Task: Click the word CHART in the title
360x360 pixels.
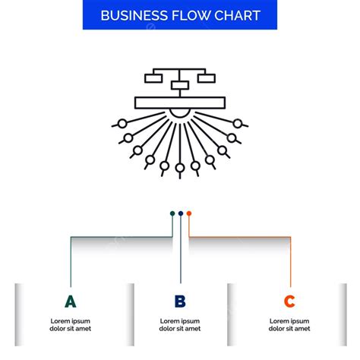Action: pyautogui.click(x=238, y=16)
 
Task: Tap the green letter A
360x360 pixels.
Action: pyautogui.click(x=70, y=302)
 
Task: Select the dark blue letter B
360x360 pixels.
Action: pyautogui.click(x=180, y=302)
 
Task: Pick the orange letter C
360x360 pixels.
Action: pyautogui.click(x=289, y=302)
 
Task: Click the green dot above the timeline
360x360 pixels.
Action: pyautogui.click(x=172, y=213)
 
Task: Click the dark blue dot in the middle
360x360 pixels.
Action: pyautogui.click(x=181, y=213)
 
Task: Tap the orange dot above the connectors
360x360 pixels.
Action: pyautogui.click(x=189, y=213)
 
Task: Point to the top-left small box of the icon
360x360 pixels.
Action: pyautogui.click(x=153, y=77)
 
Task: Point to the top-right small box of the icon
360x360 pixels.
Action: pyautogui.click(x=206, y=77)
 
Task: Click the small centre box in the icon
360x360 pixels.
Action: pyautogui.click(x=180, y=85)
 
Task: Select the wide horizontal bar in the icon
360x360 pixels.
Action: pyautogui.click(x=180, y=103)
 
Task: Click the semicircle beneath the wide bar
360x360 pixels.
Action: pyautogui.click(x=180, y=112)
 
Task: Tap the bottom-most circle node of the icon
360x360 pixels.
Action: pyautogui.click(x=180, y=167)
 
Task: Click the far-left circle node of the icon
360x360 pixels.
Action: pyautogui.click(x=122, y=123)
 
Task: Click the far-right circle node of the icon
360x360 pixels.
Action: pyautogui.click(x=238, y=123)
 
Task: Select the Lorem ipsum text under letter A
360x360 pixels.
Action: pyautogui.click(x=70, y=325)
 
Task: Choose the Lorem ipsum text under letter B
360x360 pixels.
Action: pyautogui.click(x=180, y=325)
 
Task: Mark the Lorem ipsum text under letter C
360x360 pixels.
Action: pyautogui.click(x=289, y=325)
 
